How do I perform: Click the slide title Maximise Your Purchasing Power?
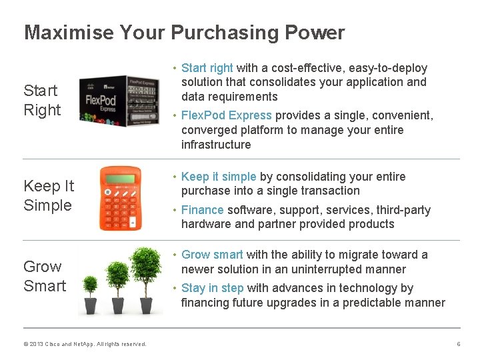tap(184, 33)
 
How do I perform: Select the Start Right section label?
tap(42, 100)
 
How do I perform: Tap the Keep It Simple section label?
tap(49, 195)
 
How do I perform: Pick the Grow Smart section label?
tap(45, 276)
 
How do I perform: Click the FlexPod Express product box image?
tap(119, 98)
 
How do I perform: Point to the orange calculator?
tap(121, 198)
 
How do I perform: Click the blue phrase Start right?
tap(207, 68)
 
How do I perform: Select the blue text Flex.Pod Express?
tap(227, 115)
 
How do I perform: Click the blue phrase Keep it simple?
tap(219, 177)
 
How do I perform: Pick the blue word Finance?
tap(203, 210)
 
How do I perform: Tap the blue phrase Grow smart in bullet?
tap(212, 255)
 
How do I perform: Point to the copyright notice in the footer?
tap(85, 344)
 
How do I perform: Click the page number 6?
tap(458, 344)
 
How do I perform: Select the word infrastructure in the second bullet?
tap(216, 145)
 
